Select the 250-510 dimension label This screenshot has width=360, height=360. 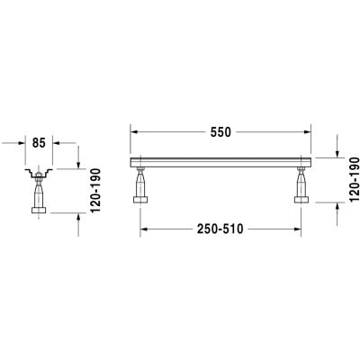[x=220, y=229]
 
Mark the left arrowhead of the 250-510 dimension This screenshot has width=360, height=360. [x=144, y=229]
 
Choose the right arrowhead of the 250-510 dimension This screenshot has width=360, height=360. [x=298, y=229]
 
